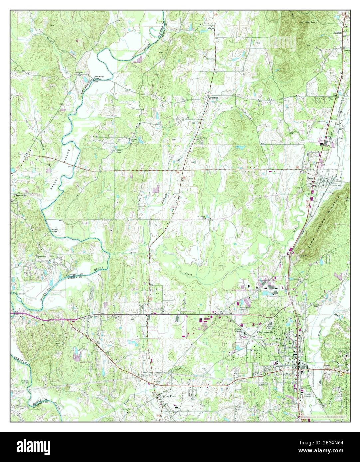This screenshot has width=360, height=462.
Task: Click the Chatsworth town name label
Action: [266, 332]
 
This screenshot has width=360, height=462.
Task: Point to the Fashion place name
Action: [214, 98]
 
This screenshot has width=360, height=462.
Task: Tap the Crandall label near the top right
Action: [337, 33]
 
